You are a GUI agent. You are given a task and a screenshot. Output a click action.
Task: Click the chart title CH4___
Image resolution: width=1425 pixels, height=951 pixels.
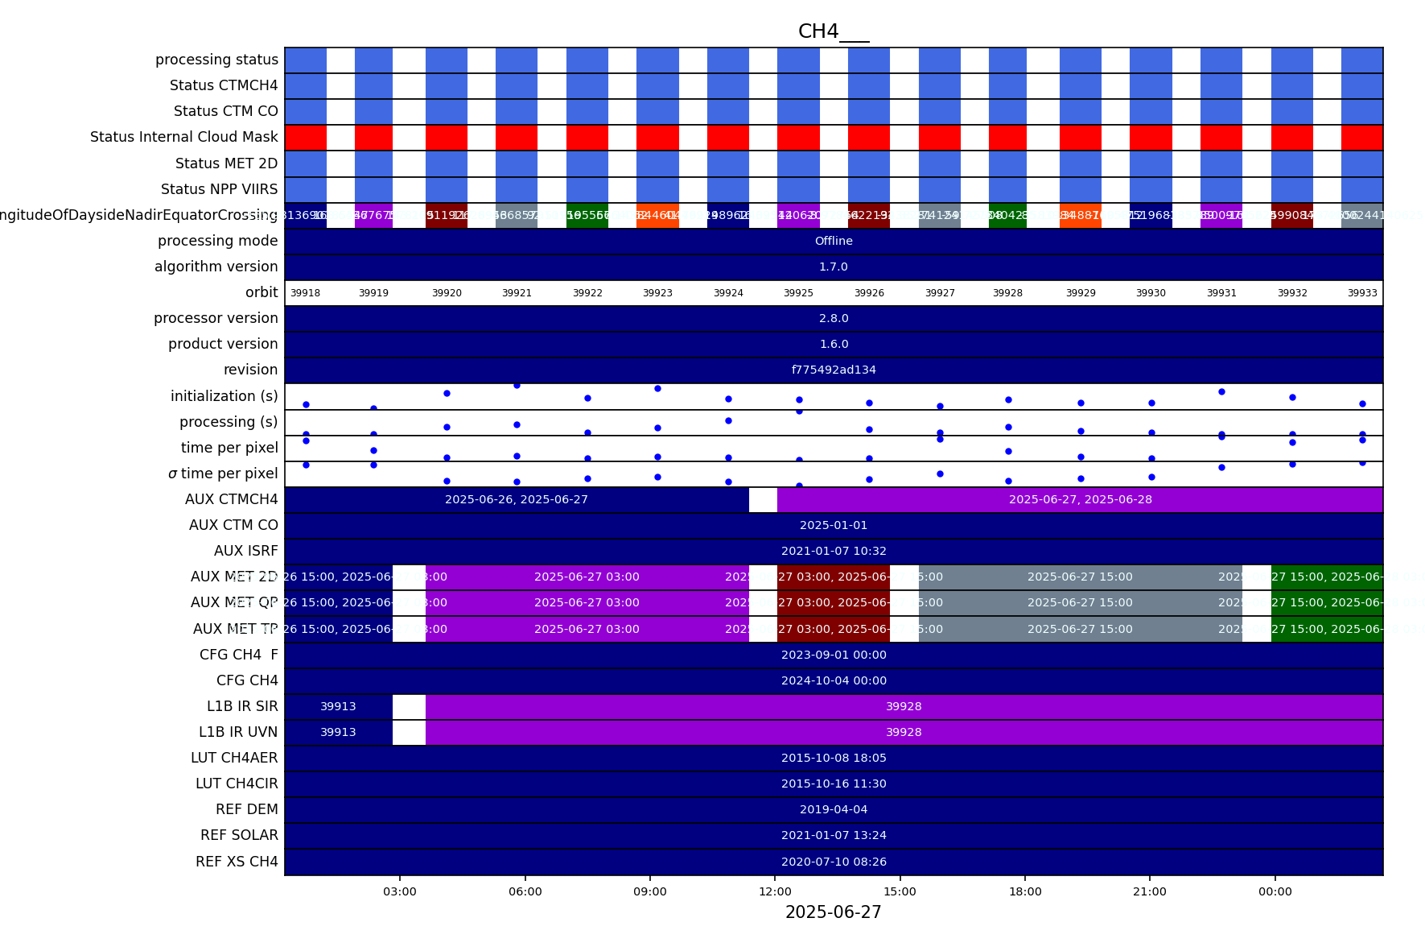pyautogui.click(x=833, y=31)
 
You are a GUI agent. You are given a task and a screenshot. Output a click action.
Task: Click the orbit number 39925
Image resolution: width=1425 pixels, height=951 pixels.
pyautogui.click(x=798, y=293)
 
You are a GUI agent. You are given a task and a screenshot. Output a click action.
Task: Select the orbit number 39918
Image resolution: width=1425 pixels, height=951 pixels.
pyautogui.click(x=305, y=293)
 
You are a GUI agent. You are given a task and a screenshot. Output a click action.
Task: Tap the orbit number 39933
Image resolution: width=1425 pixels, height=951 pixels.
pyautogui.click(x=1362, y=293)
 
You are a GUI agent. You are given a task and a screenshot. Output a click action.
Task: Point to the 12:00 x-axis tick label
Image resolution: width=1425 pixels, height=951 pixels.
pyautogui.click(x=775, y=891)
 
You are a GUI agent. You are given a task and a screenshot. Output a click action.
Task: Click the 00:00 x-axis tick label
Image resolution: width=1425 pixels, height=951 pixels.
pyautogui.click(x=1275, y=891)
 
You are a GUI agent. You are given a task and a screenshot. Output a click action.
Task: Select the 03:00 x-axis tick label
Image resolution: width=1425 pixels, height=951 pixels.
pyautogui.click(x=400, y=891)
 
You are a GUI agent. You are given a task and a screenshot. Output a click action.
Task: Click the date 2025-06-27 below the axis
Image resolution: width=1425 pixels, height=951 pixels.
pyautogui.click(x=833, y=912)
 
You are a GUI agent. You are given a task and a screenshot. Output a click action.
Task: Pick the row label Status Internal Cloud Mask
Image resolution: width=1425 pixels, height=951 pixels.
pyautogui.click(x=184, y=137)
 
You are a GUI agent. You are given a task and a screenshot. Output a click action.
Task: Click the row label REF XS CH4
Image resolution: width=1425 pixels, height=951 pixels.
pyautogui.click(x=237, y=862)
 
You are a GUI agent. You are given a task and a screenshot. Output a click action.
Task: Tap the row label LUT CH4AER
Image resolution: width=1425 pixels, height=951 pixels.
pyautogui.click(x=234, y=758)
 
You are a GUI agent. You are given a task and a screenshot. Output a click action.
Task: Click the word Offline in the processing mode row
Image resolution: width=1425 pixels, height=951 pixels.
pyautogui.click(x=834, y=241)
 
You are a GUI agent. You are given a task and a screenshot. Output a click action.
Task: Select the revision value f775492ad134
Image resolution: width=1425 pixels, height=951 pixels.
pyautogui.click(x=834, y=370)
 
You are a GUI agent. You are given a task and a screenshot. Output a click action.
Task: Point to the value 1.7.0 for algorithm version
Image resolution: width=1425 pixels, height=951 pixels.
pyautogui.click(x=834, y=267)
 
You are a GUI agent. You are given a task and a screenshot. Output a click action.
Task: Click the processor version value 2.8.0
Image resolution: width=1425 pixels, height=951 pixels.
pyautogui.click(x=834, y=318)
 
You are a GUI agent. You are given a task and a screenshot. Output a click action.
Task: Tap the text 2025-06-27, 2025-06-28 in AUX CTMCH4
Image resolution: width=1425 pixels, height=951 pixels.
pyautogui.click(x=1080, y=499)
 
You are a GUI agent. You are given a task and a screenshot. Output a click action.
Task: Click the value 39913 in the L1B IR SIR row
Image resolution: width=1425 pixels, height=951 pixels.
pyautogui.click(x=338, y=706)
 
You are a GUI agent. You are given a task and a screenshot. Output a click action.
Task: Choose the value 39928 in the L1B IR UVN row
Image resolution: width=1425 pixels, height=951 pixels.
pyautogui.click(x=904, y=732)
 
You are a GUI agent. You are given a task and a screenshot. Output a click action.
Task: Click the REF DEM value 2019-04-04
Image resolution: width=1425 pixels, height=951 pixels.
pyautogui.click(x=834, y=809)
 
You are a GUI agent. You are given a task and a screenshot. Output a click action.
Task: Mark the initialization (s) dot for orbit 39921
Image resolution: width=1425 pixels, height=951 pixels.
pyautogui.click(x=517, y=386)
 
